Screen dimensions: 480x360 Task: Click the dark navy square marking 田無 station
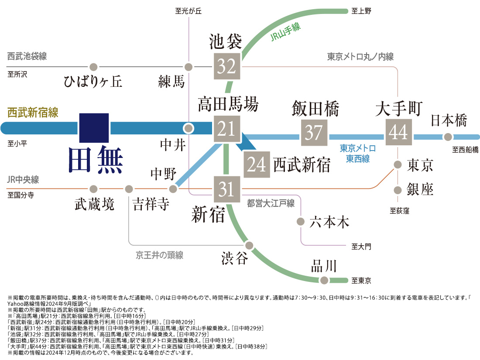pos(94,128)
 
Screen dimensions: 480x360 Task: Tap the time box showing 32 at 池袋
pos(227,66)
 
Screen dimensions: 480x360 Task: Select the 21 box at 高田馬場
pos(227,129)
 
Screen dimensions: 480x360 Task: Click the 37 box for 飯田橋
pos(314,133)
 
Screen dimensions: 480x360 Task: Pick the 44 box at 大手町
pos(398,132)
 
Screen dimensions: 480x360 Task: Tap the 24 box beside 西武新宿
pos(257,165)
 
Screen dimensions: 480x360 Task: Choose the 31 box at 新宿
pos(227,189)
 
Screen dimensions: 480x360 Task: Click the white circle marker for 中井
pos(189,128)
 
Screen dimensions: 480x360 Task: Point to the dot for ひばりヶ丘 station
pos(94,67)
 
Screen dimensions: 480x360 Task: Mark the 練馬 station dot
pos(189,67)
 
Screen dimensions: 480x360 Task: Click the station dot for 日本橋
pos(448,137)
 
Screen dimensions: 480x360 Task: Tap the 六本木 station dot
pos(301,221)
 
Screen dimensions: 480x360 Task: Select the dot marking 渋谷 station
pos(249,245)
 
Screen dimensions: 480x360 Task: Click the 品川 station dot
pos(324,280)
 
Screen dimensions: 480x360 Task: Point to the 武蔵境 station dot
pos(94,189)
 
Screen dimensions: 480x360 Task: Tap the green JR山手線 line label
pos(285,32)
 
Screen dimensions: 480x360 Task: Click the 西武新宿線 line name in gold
pos(33,112)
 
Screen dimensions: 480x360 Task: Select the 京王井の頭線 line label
pos(159,255)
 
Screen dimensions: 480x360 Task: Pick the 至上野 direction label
pos(361,11)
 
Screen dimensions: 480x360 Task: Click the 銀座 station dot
pos(398,190)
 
